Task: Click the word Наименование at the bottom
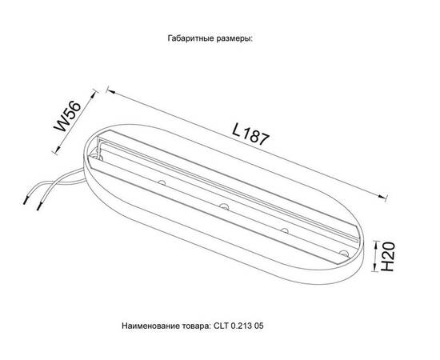pyautogui.click(x=153, y=327)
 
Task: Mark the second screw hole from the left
pyautogui.click(x=223, y=208)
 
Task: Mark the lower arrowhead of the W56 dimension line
pyautogui.click(x=54, y=150)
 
